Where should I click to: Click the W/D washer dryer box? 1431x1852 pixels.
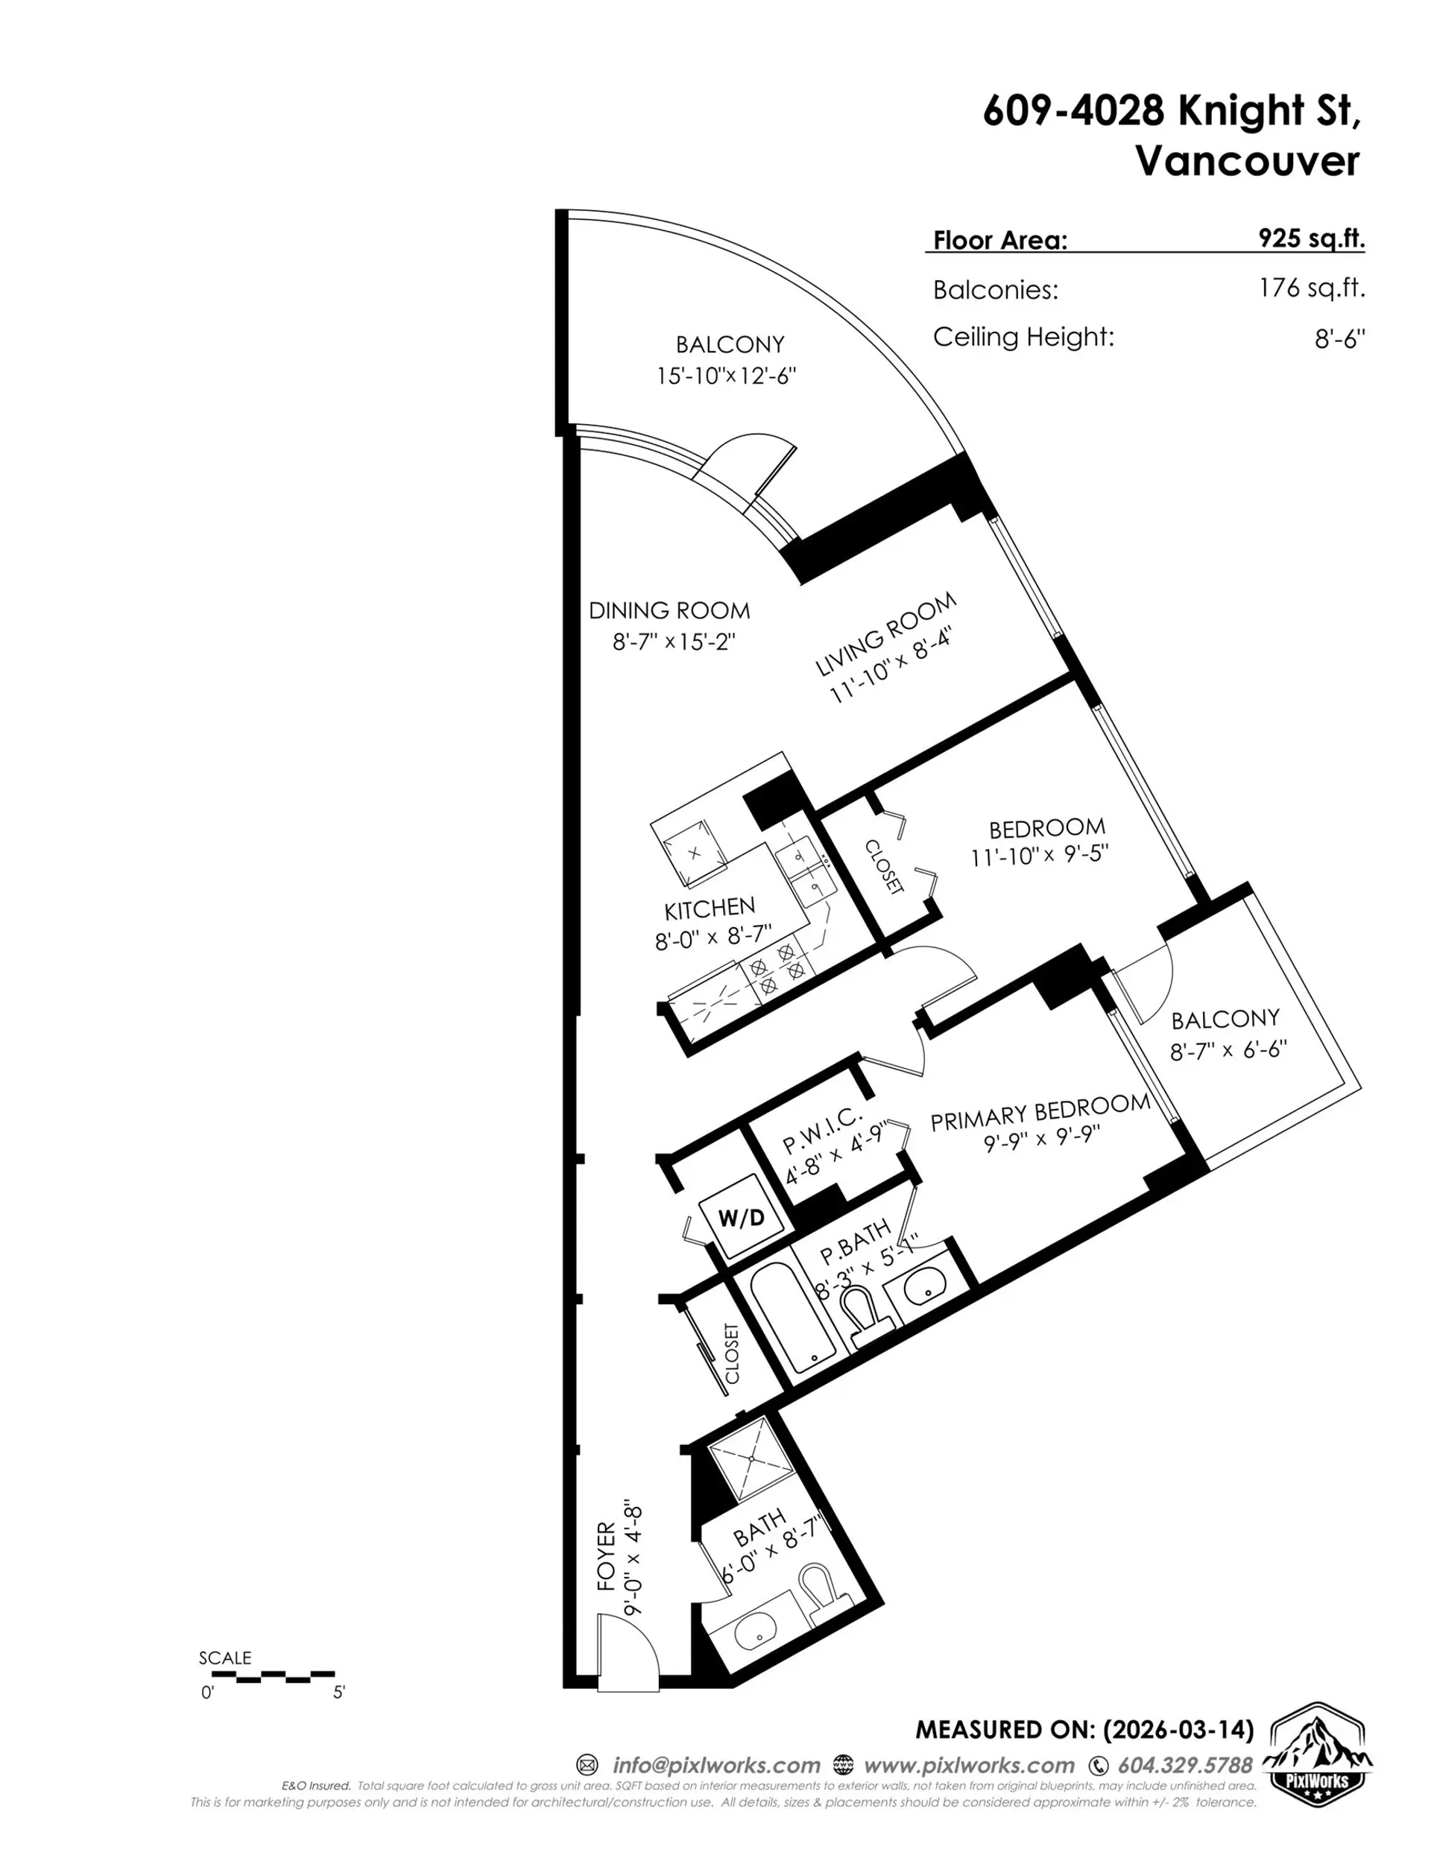pos(742,1219)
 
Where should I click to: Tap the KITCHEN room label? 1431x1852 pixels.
pos(709,910)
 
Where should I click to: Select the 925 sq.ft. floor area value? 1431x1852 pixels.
pos(1312,238)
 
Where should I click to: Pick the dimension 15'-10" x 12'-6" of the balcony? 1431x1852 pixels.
pos(726,376)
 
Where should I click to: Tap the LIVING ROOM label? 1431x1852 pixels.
pos(885,634)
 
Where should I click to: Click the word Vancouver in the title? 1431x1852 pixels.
pos(1247,161)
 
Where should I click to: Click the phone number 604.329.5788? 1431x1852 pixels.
pos(1184,1766)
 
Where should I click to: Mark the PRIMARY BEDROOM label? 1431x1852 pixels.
pos(1039,1113)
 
